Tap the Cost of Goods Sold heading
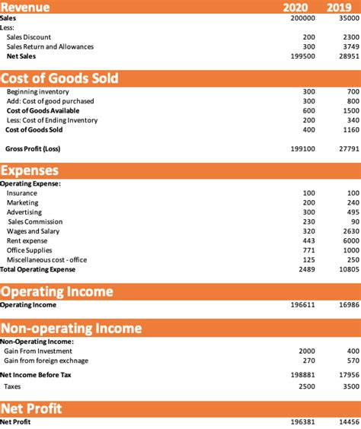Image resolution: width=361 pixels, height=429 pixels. pyautogui.click(x=59, y=78)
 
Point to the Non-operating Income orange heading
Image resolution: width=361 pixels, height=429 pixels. pyautogui.click(x=71, y=328)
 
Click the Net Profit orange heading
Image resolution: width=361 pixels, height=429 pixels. pyautogui.click(x=31, y=408)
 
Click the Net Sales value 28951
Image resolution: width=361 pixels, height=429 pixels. pyautogui.click(x=347, y=56)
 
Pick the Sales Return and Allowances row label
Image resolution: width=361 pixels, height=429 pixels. pyautogui.click(x=50, y=46)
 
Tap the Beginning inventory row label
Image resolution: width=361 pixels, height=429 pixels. pyautogui.click(x=38, y=91)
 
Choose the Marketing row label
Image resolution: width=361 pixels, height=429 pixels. pyautogui.click(x=22, y=202)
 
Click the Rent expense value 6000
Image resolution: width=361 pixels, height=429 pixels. pyautogui.click(x=349, y=240)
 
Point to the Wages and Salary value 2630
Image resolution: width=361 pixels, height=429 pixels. pyautogui.click(x=349, y=231)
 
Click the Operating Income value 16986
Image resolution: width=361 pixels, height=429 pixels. pyautogui.click(x=347, y=305)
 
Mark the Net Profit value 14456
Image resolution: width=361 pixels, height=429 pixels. pyautogui.click(x=347, y=422)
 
